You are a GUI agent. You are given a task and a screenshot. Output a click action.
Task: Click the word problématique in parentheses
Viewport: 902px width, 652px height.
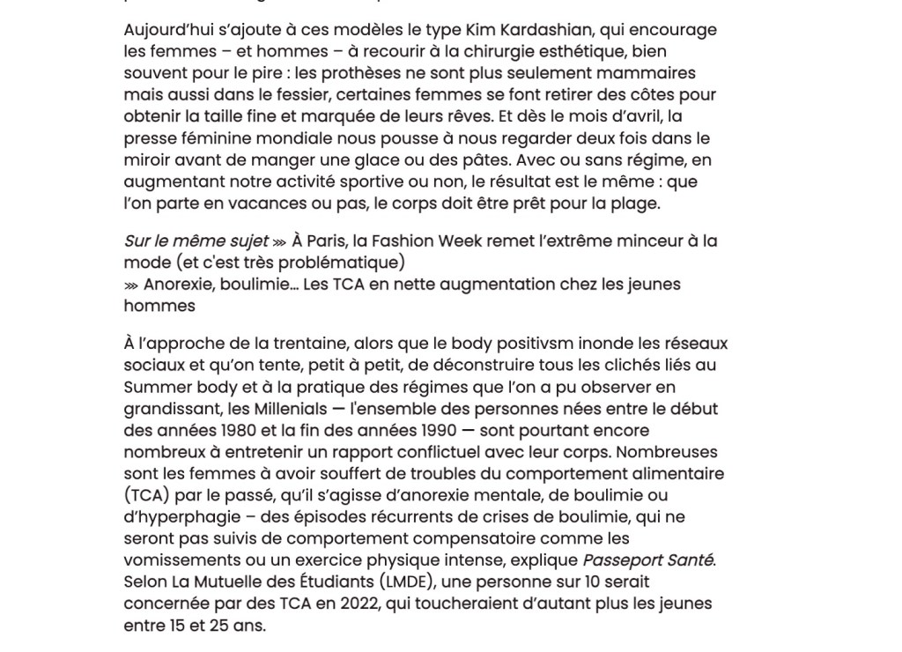[348, 263]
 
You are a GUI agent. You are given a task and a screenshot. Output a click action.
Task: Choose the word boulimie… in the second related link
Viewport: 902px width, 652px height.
[244, 285]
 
